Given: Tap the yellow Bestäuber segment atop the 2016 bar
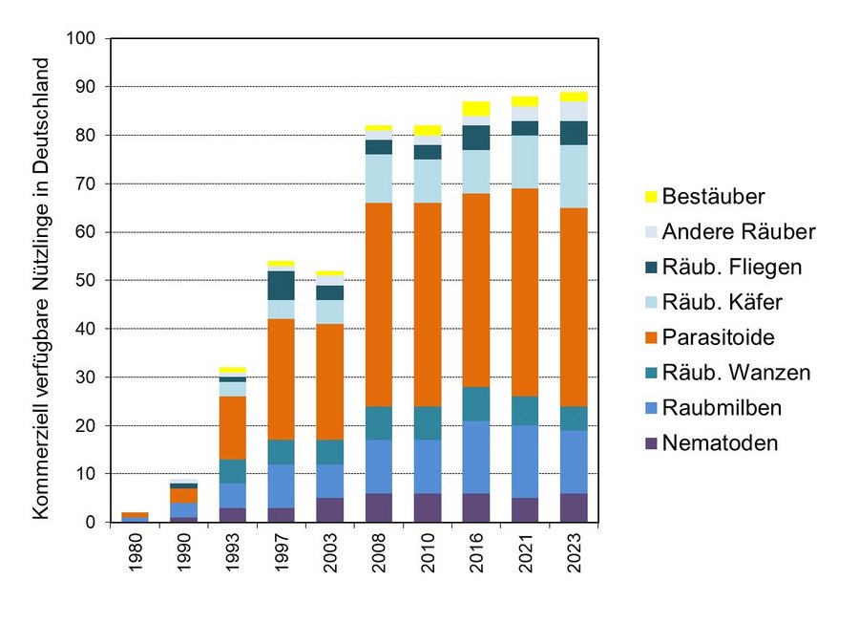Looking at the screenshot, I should coord(475,108).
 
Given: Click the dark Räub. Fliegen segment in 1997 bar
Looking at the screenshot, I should coord(280,285).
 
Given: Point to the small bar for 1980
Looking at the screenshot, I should coord(134,517).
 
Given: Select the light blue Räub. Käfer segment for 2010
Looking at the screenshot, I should coord(427,181).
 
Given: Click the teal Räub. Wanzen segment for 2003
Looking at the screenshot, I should coord(328,452).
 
